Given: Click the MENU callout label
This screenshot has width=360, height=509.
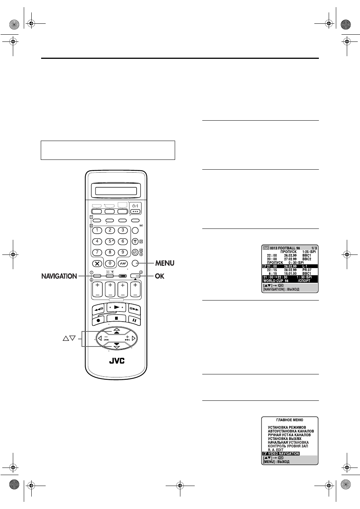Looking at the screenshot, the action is [x=165, y=263].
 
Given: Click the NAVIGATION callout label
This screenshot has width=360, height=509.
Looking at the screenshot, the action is [x=59, y=276].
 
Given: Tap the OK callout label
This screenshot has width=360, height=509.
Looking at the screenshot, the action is [x=160, y=276].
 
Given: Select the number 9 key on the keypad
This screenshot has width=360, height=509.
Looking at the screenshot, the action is [x=123, y=252].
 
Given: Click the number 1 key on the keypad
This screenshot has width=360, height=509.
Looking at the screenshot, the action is [x=97, y=230].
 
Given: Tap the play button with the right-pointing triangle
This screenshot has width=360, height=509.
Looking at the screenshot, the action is [x=116, y=307].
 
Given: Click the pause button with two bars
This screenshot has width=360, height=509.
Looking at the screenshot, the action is [x=134, y=320].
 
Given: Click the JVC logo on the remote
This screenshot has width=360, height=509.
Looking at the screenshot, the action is [x=117, y=361].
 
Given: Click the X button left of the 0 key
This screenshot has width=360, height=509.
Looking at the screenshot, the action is [x=97, y=264].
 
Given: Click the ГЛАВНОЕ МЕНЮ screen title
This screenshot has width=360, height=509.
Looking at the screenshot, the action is [x=290, y=420].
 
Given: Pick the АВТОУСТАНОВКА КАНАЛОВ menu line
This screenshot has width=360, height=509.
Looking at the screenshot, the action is [x=291, y=431].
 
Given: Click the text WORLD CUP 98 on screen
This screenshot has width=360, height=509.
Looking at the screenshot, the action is [x=276, y=281].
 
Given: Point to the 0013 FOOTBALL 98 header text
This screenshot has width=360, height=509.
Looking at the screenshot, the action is [x=285, y=248].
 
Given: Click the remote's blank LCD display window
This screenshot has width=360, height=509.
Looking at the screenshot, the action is [x=116, y=191].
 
